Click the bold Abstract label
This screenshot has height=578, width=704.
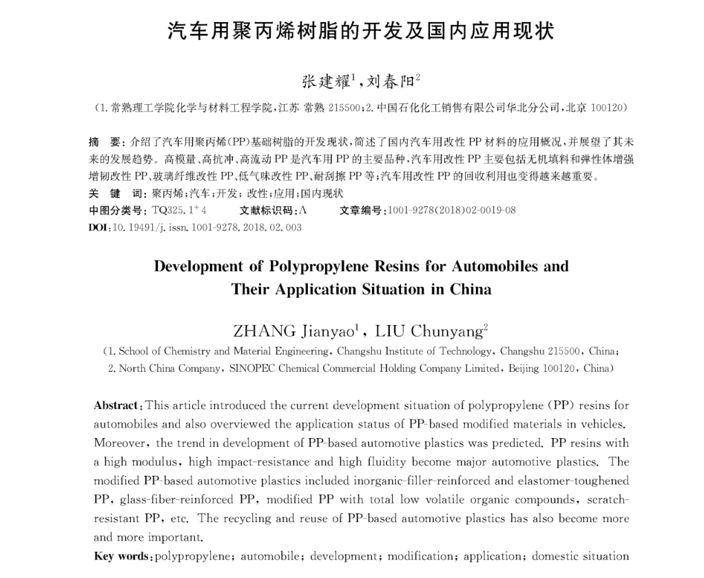tap(117, 405)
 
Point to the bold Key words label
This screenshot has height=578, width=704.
tap(122, 556)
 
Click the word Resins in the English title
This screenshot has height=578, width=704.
tap(377, 266)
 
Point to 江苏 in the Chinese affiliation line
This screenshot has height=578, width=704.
tap(289, 108)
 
